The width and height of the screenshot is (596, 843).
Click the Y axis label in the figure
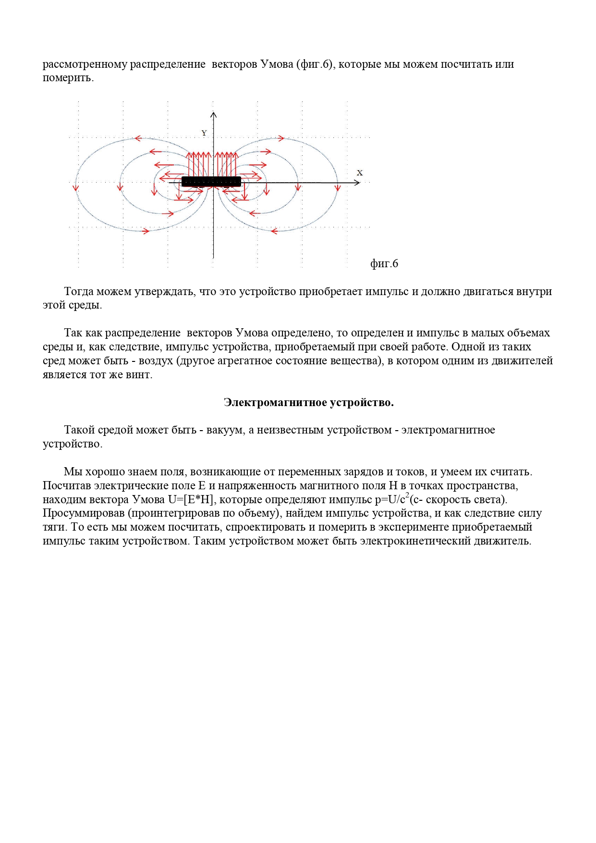tap(204, 133)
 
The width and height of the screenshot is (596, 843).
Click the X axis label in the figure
tap(360, 173)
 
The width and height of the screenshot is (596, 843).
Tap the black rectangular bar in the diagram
tap(211, 181)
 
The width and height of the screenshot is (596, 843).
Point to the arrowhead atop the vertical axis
tap(214, 115)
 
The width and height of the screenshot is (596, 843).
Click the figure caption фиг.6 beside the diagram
tap(384, 263)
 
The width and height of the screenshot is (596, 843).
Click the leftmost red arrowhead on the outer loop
tap(75, 187)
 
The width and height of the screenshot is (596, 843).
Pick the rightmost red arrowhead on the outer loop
tap(337, 187)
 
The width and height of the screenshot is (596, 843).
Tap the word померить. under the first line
tap(68, 78)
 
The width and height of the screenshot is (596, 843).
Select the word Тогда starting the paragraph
tap(79, 292)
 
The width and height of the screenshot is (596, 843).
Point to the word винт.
tap(140, 375)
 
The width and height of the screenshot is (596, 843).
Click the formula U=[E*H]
tap(191, 500)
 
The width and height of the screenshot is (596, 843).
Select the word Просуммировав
tap(84, 513)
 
